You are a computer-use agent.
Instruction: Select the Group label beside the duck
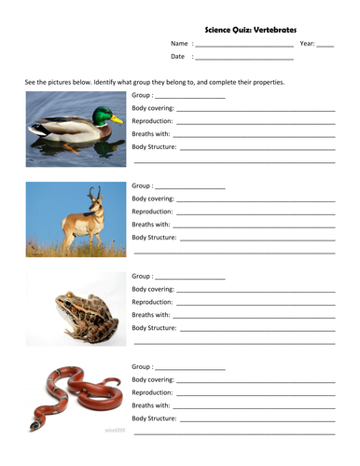(143, 96)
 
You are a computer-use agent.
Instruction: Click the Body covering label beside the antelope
(153, 199)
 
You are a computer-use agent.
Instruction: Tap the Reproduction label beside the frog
(152, 302)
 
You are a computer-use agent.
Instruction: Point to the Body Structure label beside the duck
(155, 147)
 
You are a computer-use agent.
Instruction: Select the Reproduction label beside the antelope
(152, 212)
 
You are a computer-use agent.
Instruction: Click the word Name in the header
(179, 44)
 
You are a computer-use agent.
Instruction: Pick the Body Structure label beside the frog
(155, 328)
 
